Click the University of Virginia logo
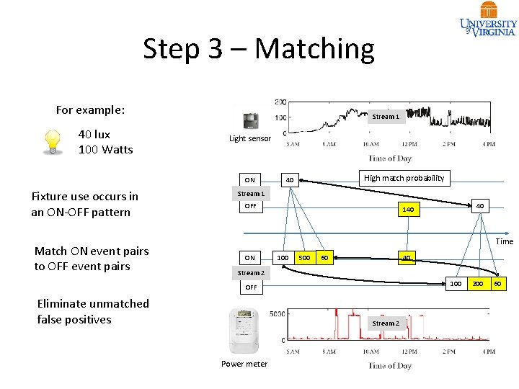pyautogui.click(x=488, y=19)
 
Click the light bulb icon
pyautogui.click(x=52, y=141)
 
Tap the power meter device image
pyautogui.click(x=244, y=331)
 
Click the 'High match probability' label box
pyautogui.click(x=404, y=178)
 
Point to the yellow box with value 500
pyautogui.click(x=304, y=258)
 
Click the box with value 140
pyautogui.click(x=408, y=210)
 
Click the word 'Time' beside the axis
pyautogui.click(x=505, y=241)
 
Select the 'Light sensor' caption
pyautogui.click(x=250, y=138)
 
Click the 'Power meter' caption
pyautogui.click(x=244, y=364)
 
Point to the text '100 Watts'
pyautogui.click(x=105, y=150)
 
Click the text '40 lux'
pyautogui.click(x=94, y=135)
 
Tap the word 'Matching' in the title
pyautogui.click(x=314, y=49)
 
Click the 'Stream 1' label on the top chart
pyautogui.click(x=384, y=117)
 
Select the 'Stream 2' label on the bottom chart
pyautogui.click(x=385, y=323)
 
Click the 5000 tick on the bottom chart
pyautogui.click(x=278, y=314)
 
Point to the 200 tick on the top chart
pyautogui.click(x=280, y=102)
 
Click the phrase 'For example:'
pyautogui.click(x=90, y=110)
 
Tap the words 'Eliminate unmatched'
pyautogui.click(x=93, y=303)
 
